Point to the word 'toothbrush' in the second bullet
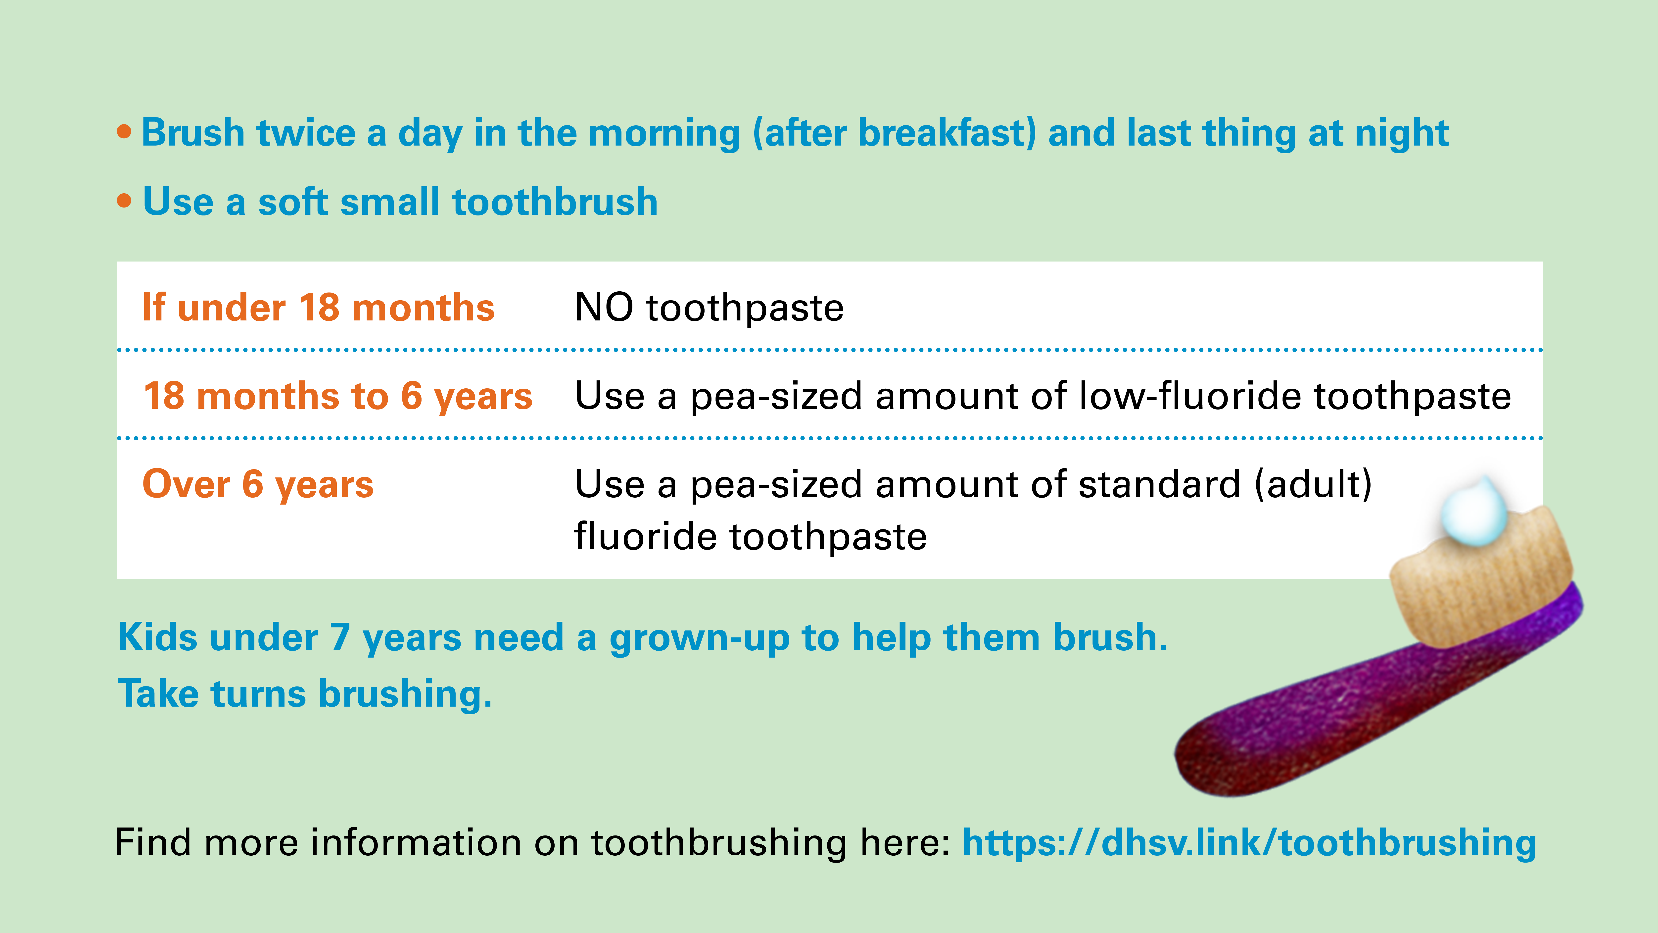coord(555,202)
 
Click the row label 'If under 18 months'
coord(319,307)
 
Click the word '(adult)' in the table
coord(1314,484)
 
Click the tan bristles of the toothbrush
coord(1480,579)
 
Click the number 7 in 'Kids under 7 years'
coord(340,637)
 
